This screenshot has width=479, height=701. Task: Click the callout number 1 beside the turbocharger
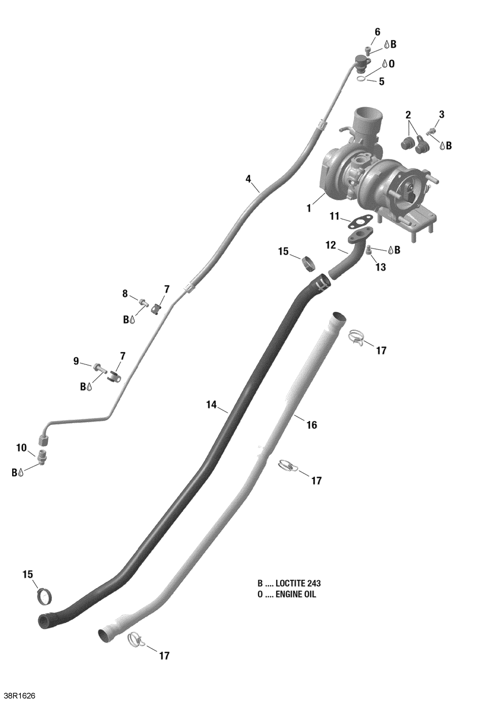308,208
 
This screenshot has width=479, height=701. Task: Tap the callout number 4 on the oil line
248,179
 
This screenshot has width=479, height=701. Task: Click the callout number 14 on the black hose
211,405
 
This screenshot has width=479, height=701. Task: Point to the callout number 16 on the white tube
312,425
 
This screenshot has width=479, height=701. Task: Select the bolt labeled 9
98,367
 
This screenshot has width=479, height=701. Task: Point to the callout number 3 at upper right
441,114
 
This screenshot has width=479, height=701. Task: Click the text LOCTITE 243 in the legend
298,583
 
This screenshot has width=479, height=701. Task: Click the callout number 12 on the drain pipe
331,245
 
